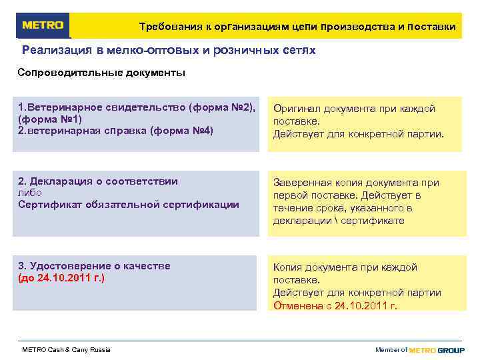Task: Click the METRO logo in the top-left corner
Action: point(43,25)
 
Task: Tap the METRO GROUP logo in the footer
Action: point(437,350)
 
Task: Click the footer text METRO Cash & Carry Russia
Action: point(67,350)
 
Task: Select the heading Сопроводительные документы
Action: point(101,72)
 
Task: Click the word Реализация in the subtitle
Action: point(57,50)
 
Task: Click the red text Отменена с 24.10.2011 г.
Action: point(335,306)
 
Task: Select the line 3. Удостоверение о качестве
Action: point(94,266)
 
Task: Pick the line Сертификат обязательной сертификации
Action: point(128,205)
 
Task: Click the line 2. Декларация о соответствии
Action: point(98,181)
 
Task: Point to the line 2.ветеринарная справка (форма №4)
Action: point(116,131)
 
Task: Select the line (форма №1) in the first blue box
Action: point(50,119)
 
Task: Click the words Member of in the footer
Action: point(391,350)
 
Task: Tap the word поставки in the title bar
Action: point(431,27)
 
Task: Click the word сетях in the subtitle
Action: point(299,50)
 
